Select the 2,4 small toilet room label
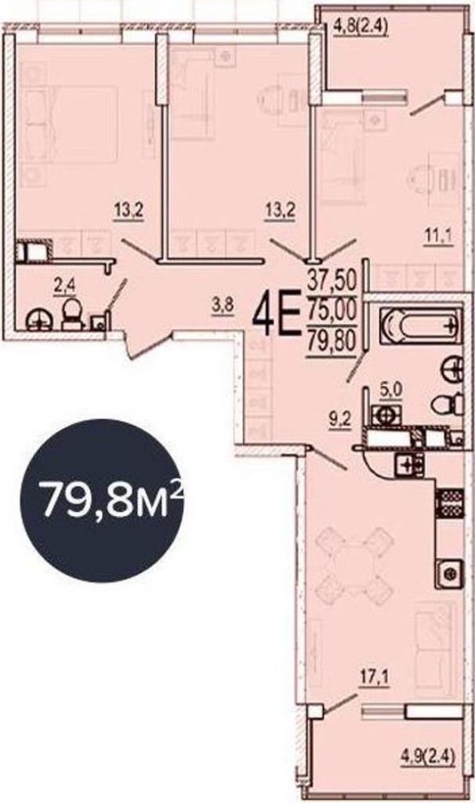[65, 285]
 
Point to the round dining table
[355, 565]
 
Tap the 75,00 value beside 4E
[332, 310]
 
